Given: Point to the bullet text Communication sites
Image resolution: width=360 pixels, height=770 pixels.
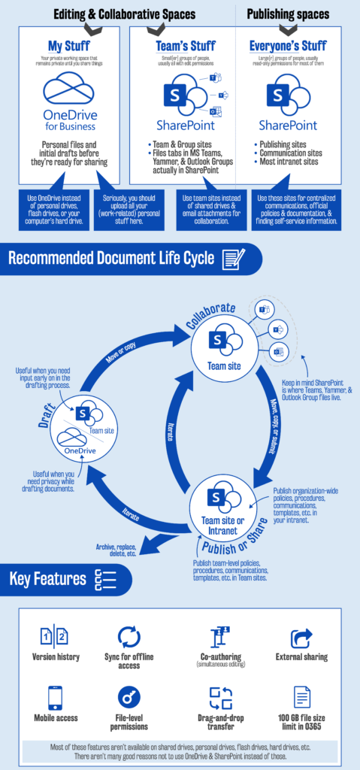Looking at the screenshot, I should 292,151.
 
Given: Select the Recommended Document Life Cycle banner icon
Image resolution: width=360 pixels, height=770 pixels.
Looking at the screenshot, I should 234,259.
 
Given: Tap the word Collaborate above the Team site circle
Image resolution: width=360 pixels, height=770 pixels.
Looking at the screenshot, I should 211,316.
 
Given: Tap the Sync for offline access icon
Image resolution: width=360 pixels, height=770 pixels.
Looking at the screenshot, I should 129,637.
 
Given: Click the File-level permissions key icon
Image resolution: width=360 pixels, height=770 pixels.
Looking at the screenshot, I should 129,698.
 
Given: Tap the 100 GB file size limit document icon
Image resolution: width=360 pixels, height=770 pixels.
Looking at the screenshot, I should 301,697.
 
